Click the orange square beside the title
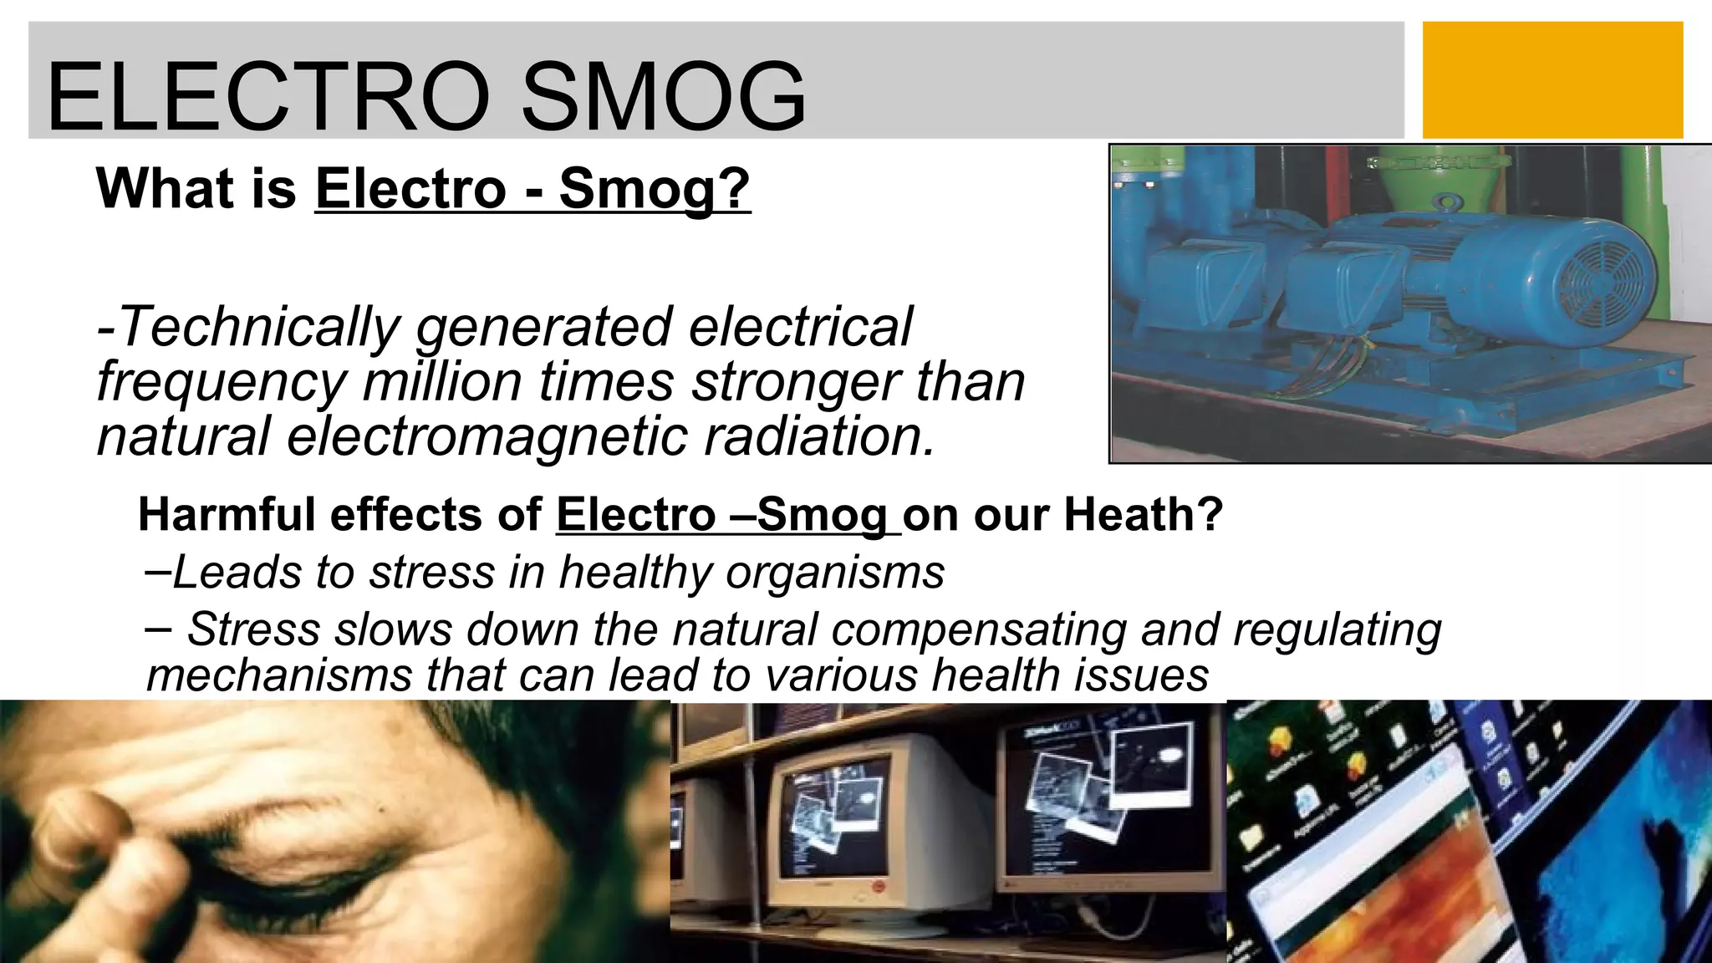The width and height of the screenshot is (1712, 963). pos(1552,80)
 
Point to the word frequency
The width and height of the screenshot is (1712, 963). pos(222,382)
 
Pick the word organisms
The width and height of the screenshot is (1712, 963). pos(835,573)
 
